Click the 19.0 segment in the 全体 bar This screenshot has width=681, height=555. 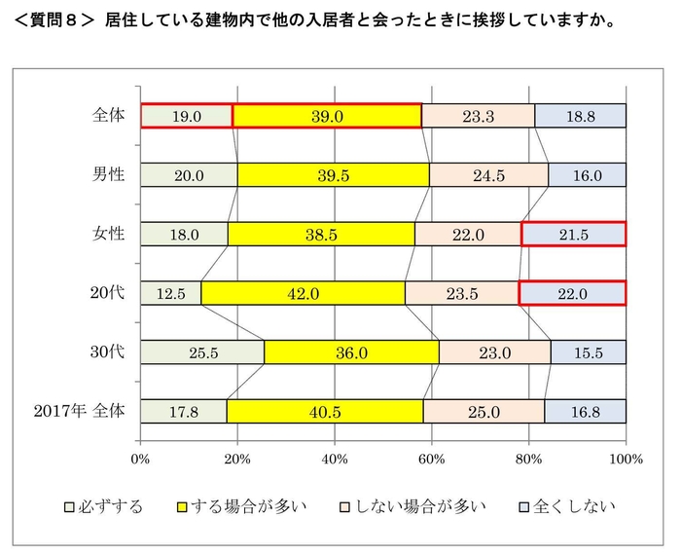(x=186, y=116)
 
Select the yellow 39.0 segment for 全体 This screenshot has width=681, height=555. (x=327, y=116)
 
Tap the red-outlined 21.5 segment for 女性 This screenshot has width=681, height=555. (x=573, y=234)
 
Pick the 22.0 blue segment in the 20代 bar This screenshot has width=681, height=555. (x=572, y=293)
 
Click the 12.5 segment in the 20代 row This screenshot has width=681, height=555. (x=170, y=293)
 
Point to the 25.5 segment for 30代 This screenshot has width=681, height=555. (x=202, y=352)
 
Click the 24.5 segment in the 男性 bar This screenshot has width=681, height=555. (x=488, y=175)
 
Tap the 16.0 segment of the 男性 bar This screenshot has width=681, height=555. (x=587, y=175)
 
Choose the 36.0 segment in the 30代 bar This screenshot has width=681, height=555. (x=351, y=352)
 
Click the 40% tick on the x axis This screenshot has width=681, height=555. (x=335, y=458)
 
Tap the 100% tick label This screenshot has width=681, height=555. (x=626, y=458)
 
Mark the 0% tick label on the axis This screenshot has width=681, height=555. (x=141, y=458)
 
